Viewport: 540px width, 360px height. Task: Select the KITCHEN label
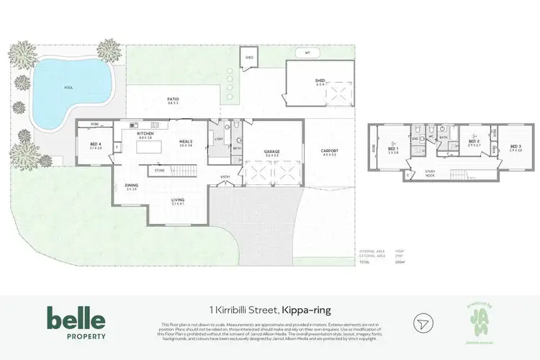(147, 134)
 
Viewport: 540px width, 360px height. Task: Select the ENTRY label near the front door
(225, 177)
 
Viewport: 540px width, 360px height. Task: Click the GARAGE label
(272, 152)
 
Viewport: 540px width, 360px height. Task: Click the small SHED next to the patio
(249, 57)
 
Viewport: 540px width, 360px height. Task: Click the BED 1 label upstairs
(392, 150)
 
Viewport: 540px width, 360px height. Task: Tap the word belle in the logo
(76, 318)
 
